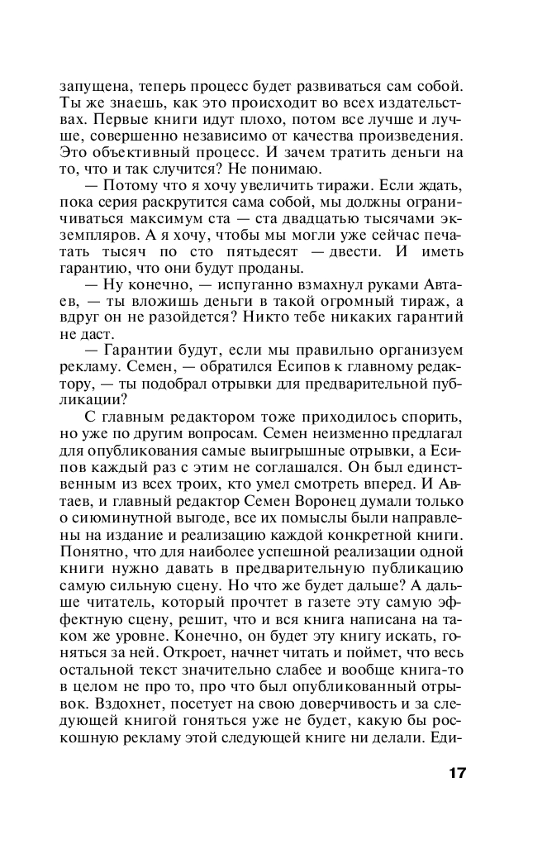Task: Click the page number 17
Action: [458, 774]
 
